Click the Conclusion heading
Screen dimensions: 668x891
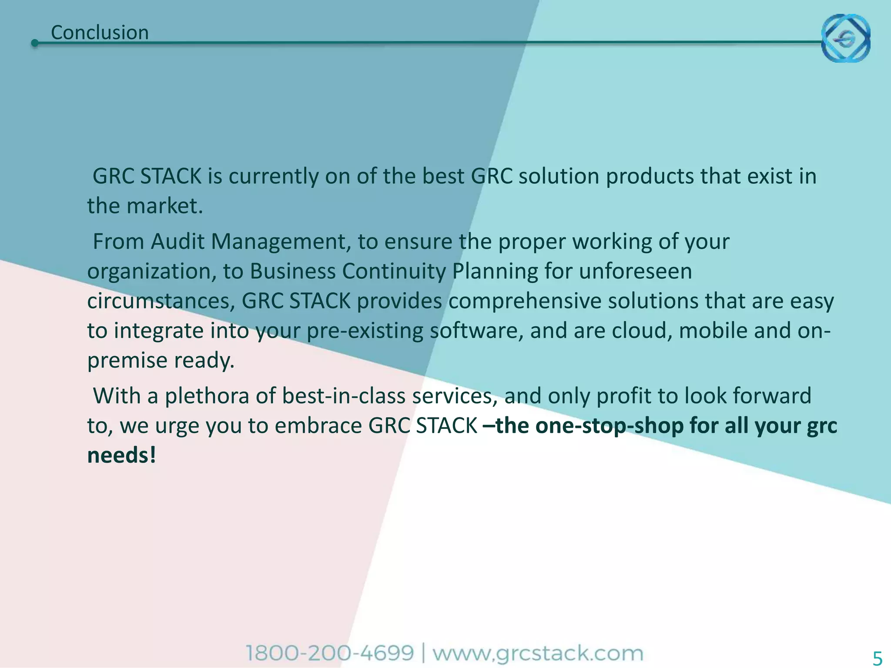pos(100,33)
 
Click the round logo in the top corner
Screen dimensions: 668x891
pos(845,38)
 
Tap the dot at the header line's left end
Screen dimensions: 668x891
pos(35,43)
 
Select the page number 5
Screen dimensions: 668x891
pos(878,658)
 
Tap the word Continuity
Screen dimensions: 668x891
pos(394,271)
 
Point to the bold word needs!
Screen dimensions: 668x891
pos(121,455)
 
